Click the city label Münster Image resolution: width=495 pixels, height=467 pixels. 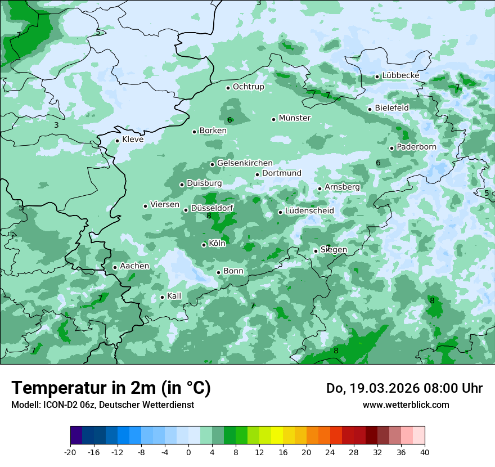295,118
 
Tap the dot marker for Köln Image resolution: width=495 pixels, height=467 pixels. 204,245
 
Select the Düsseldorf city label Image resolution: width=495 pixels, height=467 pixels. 212,208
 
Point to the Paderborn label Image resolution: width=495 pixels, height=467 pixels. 416,147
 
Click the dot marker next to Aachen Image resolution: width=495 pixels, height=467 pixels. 115,267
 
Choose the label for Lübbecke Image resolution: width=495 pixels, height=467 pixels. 400,75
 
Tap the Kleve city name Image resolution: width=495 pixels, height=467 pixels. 133,140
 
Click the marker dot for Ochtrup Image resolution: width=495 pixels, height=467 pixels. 228,87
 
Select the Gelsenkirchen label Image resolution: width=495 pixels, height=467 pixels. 245,163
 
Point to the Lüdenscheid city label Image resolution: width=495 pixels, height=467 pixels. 309,211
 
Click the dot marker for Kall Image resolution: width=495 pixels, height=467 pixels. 163,297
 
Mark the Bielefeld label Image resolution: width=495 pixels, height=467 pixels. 391,107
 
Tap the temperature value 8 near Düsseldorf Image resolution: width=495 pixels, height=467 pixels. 209,215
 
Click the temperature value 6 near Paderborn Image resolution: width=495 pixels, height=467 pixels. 378,163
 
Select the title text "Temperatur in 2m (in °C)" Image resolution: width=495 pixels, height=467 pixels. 111,388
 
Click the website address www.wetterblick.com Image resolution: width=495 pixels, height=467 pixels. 406,405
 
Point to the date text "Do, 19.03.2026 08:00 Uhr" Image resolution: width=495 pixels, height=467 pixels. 404,388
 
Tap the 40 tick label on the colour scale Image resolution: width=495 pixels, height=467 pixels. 425,452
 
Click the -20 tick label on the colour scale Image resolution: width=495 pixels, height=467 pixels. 70,452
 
